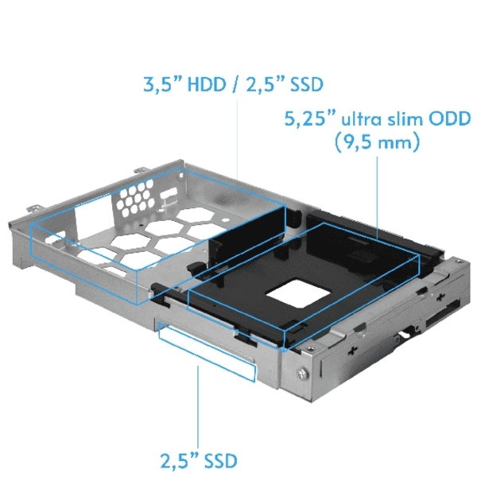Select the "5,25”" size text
point(310,120)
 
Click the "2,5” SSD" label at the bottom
point(198,459)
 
